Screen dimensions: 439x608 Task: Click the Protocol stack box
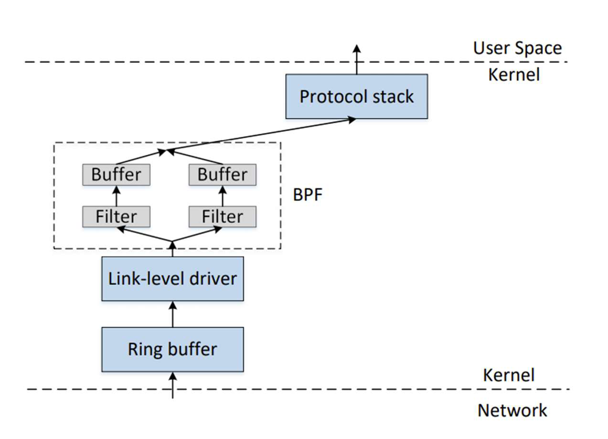(x=356, y=96)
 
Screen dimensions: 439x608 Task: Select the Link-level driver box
(x=172, y=278)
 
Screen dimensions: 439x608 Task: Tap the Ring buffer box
(x=172, y=349)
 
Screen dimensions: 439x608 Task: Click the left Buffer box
(x=116, y=175)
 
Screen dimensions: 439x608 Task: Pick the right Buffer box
(x=223, y=175)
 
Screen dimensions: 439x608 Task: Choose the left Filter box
(x=116, y=216)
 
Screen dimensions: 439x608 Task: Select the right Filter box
(x=223, y=216)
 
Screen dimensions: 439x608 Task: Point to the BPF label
(x=308, y=196)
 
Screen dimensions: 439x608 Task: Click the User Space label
(x=517, y=48)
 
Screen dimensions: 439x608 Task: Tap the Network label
(x=512, y=410)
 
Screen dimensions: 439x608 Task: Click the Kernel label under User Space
(x=513, y=75)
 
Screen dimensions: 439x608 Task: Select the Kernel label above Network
(x=508, y=375)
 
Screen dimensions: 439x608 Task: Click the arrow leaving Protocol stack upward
(x=356, y=60)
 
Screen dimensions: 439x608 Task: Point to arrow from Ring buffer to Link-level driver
(x=172, y=314)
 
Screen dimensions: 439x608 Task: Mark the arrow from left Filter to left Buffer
(x=116, y=196)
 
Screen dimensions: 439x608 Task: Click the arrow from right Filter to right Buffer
(x=223, y=196)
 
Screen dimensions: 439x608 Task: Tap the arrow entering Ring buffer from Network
(x=172, y=385)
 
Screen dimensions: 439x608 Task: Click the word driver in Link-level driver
(x=213, y=278)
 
